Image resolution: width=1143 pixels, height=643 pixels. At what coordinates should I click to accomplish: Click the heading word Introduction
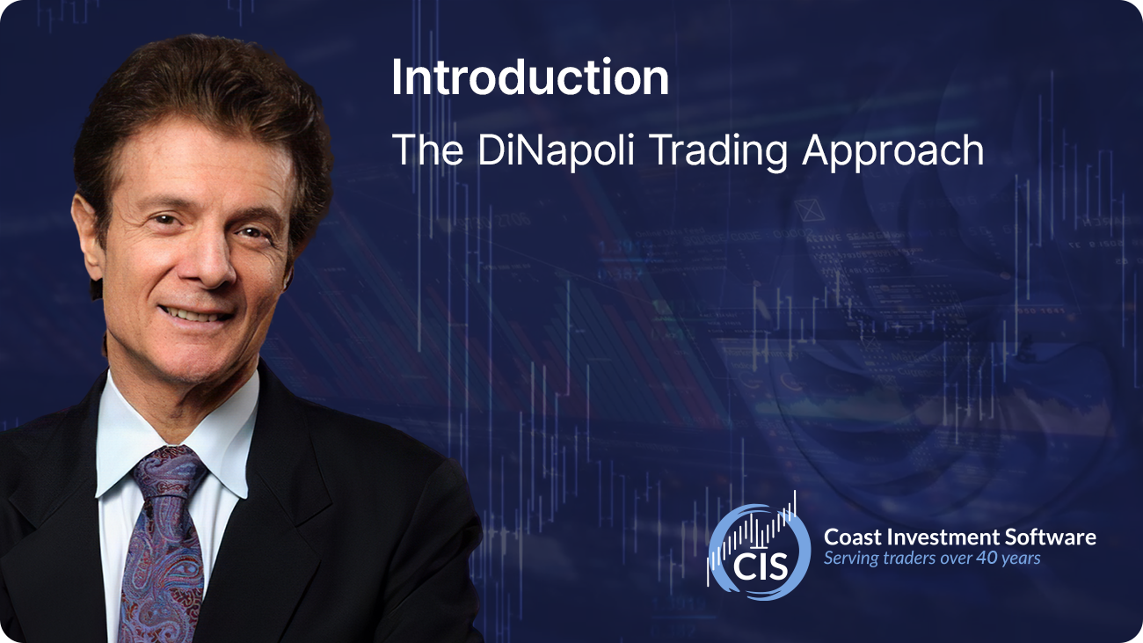530,77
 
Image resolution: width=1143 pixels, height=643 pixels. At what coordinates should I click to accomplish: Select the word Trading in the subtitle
719,151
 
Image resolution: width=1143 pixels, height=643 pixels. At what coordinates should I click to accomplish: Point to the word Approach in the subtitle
893,151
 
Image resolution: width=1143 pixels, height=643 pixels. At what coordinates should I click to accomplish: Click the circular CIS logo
759,550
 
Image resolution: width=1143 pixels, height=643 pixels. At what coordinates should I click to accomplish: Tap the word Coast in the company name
853,537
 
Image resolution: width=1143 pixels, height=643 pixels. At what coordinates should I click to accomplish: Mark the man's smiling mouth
195,314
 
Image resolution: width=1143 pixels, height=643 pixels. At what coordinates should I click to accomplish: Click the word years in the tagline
1021,559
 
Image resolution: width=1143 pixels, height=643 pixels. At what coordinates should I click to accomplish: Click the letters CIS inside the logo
761,566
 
